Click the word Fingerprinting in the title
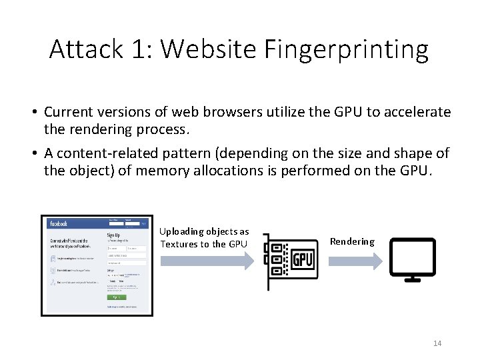tap(346, 49)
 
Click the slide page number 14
tap(437, 343)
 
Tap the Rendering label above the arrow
tap(352, 241)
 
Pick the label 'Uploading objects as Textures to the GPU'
tap(204, 237)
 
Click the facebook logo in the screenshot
tap(59, 223)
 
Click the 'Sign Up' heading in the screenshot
tap(114, 235)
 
